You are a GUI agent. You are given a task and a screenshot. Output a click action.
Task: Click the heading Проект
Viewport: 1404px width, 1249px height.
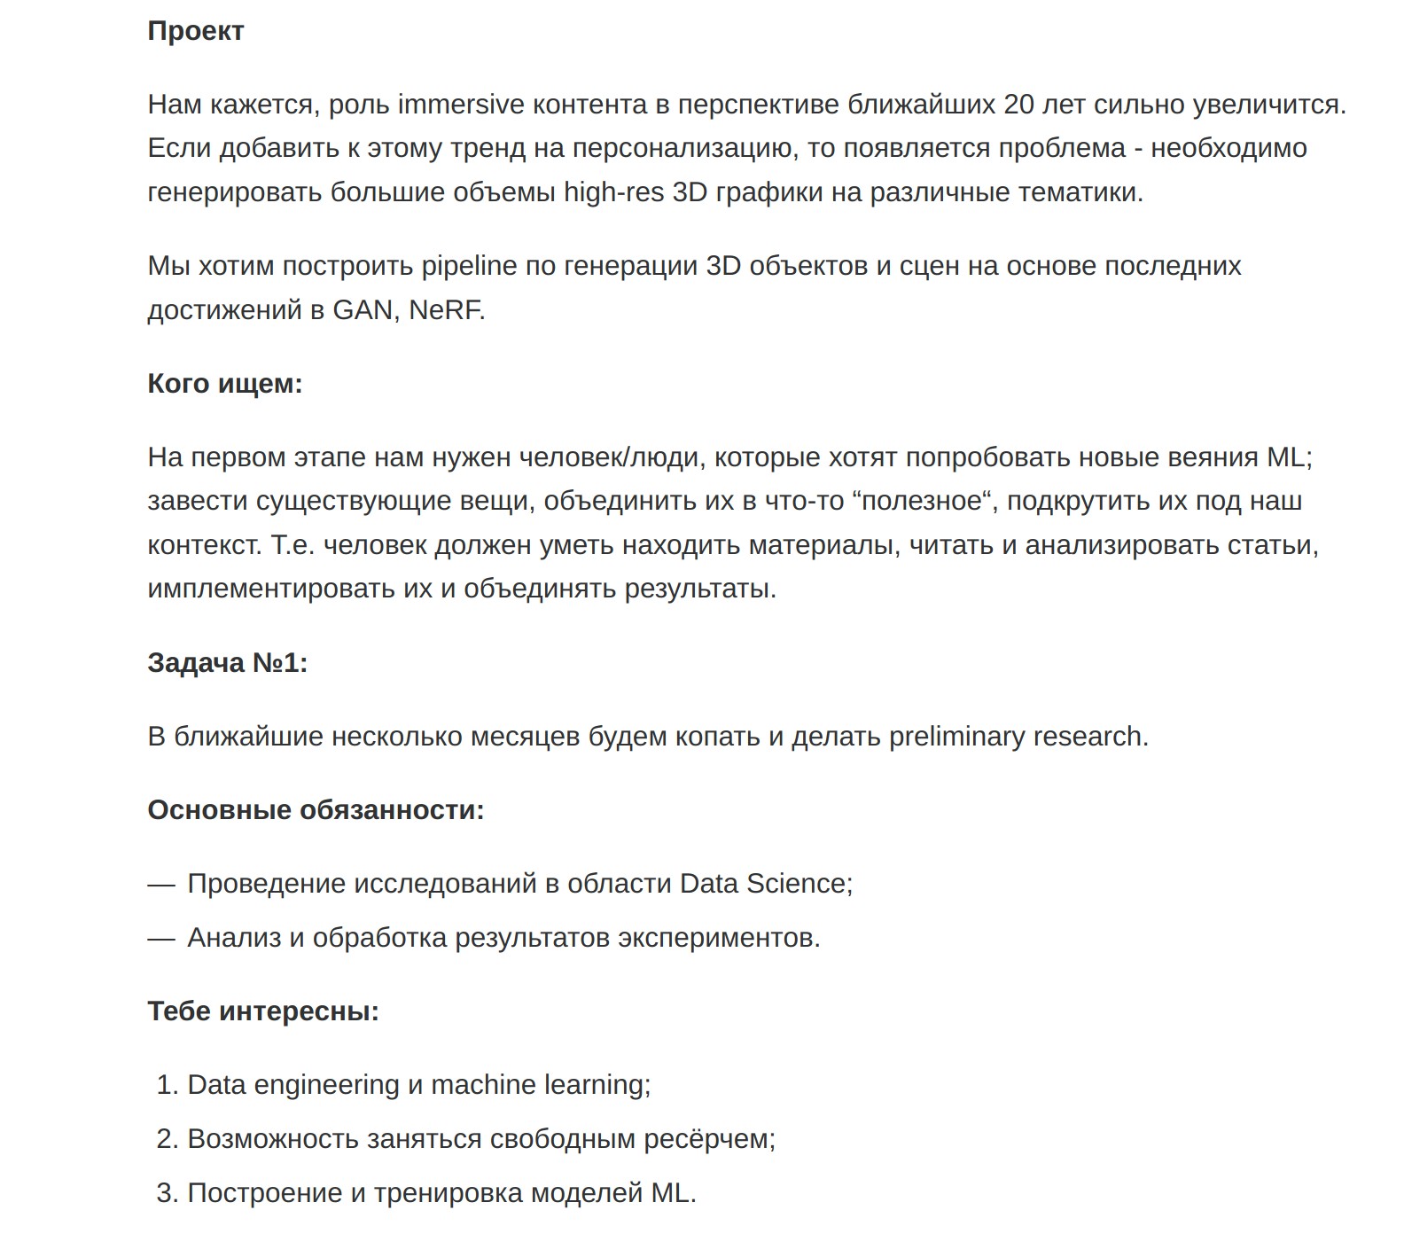195,31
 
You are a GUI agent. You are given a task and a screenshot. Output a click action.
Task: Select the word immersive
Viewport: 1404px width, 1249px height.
461,105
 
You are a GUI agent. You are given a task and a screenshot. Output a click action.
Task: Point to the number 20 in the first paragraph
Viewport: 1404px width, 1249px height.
1018,105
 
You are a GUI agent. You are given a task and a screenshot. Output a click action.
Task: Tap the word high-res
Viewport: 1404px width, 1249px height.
613,191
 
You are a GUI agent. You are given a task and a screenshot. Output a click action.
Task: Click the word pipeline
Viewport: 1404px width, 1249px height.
469,266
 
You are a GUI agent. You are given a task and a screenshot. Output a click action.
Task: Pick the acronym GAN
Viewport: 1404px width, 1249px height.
363,310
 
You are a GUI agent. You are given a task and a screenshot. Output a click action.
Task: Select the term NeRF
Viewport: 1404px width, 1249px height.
446,310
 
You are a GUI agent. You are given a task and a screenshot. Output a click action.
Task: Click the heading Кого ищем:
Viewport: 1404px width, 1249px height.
225,384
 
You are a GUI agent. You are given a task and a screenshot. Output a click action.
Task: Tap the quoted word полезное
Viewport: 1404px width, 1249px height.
922,501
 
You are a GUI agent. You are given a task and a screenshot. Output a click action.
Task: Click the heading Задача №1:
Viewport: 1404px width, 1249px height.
228,663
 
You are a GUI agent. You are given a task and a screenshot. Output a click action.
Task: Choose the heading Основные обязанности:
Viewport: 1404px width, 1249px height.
316,810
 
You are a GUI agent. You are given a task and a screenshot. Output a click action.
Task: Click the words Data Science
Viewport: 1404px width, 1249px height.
764,884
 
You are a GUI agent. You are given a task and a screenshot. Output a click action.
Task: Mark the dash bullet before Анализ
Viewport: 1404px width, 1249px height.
161,938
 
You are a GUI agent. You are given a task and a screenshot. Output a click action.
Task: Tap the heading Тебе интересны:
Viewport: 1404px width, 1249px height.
263,1011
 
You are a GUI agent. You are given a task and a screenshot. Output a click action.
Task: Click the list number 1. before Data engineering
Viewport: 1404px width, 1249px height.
168,1085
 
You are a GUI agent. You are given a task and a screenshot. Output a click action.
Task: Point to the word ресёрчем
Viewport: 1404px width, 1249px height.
708,1139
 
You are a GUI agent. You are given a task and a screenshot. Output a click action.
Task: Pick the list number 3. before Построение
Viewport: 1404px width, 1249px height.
168,1193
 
